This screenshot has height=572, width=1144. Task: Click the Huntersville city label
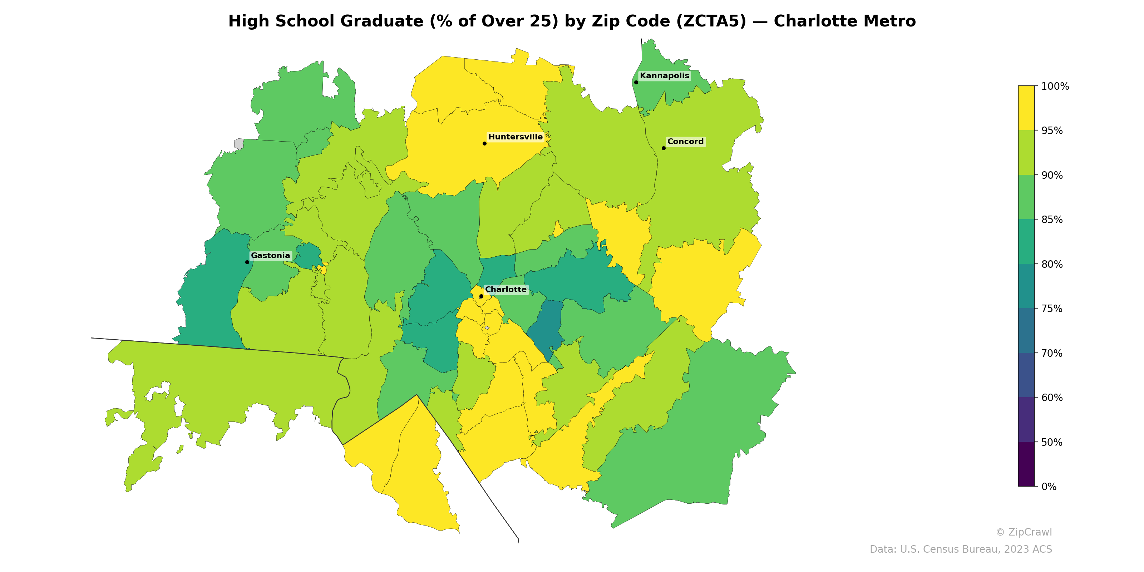(x=515, y=137)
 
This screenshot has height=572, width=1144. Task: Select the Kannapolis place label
(x=664, y=75)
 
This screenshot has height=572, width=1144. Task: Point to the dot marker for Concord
(x=664, y=148)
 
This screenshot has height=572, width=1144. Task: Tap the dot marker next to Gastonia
(x=247, y=262)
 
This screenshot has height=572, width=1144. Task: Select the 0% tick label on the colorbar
(x=1049, y=487)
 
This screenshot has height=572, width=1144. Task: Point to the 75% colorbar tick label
(x=1052, y=309)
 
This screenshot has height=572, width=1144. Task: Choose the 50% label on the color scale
(x=1052, y=442)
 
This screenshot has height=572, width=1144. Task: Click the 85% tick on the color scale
(x=1052, y=220)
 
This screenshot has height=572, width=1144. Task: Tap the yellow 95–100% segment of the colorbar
(x=1026, y=108)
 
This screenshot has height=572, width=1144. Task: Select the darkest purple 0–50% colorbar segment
(x=1026, y=464)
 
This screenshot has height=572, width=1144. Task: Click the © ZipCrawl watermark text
(x=1024, y=532)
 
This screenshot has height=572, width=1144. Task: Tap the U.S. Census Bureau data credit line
(x=961, y=549)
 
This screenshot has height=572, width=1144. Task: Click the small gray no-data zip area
(x=239, y=143)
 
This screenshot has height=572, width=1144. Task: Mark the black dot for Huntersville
(x=484, y=143)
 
